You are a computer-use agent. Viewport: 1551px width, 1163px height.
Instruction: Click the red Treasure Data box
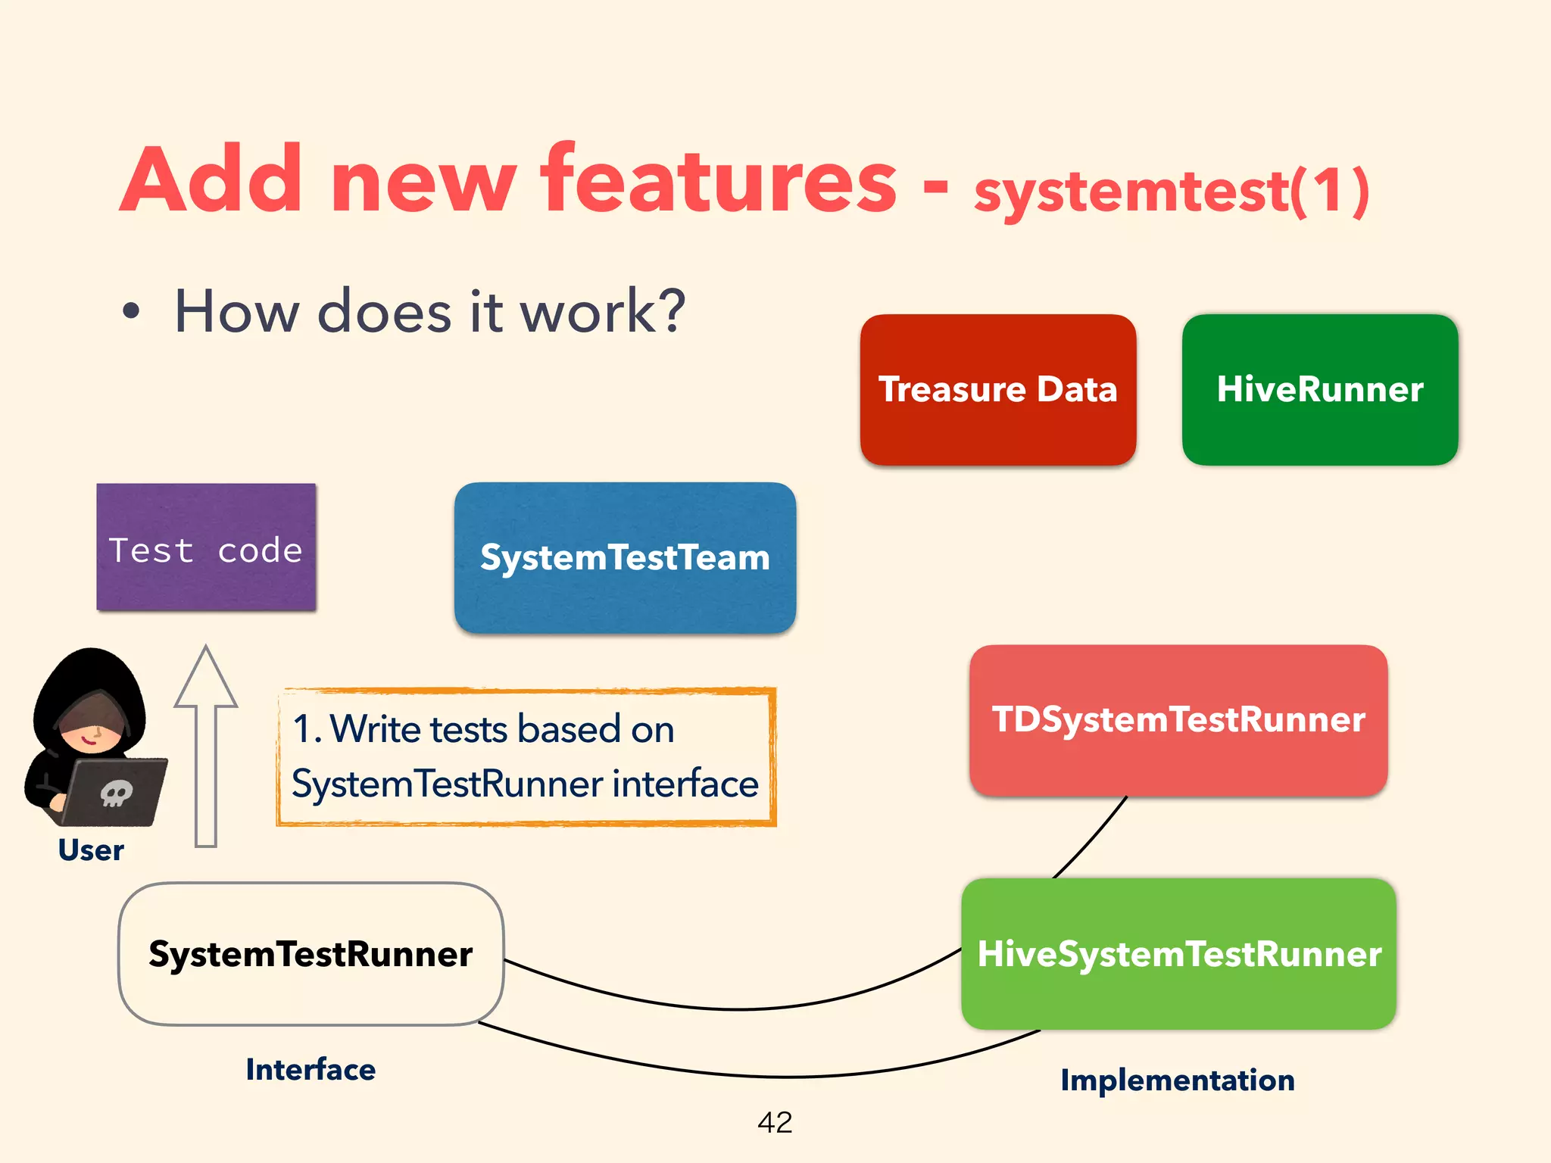997,389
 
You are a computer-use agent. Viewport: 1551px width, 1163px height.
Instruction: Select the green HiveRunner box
1319,389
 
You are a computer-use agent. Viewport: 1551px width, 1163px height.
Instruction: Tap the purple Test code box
206,547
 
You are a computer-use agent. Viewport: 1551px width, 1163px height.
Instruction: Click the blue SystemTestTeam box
625,557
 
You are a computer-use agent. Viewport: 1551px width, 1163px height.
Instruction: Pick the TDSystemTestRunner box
1178,719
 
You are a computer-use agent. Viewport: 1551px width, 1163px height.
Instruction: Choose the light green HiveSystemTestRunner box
1178,953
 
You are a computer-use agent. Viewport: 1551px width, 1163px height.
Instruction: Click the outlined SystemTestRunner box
311,953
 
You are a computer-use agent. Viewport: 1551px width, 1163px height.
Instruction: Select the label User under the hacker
91,850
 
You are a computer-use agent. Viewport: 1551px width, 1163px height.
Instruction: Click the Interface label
311,1070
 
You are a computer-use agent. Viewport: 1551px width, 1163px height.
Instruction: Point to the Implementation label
1177,1080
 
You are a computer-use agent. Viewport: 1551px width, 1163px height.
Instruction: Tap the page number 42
775,1122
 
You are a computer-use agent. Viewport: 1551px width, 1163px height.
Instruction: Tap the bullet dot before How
132,311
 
